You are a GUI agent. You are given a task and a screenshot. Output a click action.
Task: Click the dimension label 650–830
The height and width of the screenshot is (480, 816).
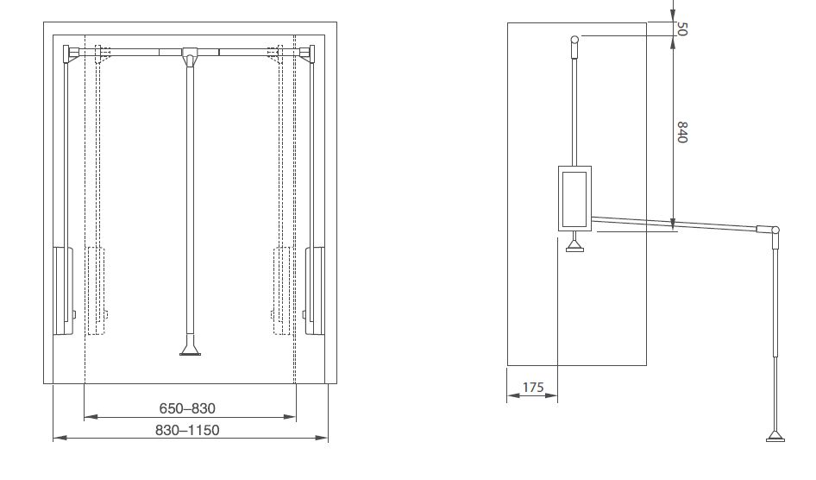pos(187,408)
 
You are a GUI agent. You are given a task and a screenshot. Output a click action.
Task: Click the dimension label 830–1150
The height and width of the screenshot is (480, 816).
pos(187,431)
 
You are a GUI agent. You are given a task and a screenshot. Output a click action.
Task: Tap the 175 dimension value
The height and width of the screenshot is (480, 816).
pos(533,388)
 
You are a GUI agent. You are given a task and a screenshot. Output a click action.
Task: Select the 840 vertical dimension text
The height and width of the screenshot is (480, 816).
pos(682,132)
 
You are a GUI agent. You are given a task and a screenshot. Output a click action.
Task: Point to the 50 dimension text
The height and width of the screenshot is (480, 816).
pos(682,28)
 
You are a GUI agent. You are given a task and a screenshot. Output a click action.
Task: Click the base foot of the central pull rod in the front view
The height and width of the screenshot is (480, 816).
pos(190,350)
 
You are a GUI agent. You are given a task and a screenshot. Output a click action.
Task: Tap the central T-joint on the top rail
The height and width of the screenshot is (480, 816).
pos(190,56)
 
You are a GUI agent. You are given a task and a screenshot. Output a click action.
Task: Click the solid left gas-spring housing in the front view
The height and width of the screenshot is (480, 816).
pos(63,291)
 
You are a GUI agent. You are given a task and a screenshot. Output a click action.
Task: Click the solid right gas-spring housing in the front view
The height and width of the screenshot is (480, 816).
pos(314,291)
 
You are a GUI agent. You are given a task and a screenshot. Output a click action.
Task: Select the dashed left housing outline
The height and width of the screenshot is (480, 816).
pos(97,291)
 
